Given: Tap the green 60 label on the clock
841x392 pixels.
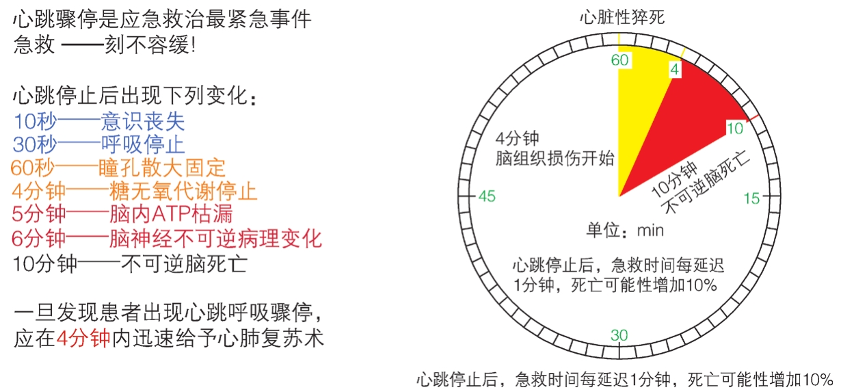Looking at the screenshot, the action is point(619,60).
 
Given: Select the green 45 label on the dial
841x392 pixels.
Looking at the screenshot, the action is point(487,196).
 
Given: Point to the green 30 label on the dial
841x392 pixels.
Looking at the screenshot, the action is point(619,335).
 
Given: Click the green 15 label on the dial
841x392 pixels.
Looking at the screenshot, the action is point(751,198).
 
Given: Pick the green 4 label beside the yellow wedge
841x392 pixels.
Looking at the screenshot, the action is point(675,70).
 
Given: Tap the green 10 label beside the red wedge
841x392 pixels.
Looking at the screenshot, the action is point(735,129).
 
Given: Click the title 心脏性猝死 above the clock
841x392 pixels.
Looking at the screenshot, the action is point(622,17).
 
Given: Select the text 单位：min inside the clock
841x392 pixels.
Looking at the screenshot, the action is point(625,230).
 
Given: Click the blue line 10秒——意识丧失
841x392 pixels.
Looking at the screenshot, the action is point(99,121).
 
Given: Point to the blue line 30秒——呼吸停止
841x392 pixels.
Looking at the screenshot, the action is point(98,144).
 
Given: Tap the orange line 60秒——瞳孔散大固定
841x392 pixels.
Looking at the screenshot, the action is point(118,168).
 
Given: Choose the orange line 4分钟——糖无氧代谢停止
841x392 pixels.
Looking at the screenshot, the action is point(135,191).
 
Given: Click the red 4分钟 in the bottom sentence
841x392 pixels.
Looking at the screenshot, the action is point(83,339).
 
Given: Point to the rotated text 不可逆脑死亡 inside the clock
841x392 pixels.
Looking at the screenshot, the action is point(706,183).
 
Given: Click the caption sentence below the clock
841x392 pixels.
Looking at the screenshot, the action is point(625,380).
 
